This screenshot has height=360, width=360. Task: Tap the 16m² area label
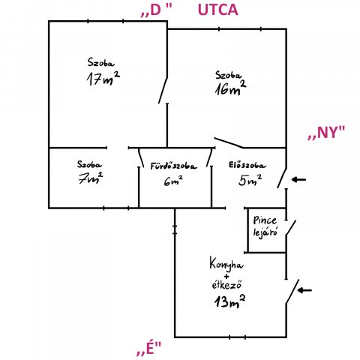[230, 88]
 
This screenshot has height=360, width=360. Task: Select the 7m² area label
[91, 178]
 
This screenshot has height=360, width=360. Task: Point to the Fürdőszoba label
[173, 166]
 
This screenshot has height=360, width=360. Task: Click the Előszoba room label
[247, 165]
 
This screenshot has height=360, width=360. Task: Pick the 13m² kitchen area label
[229, 301]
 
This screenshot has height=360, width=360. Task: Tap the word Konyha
[226, 264]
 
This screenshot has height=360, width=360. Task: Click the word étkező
[227, 285]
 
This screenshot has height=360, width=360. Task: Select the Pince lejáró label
[265, 226]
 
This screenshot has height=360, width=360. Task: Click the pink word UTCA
[217, 10]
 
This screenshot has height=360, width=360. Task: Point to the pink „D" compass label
[157, 10]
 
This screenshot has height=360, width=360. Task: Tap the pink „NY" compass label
[326, 132]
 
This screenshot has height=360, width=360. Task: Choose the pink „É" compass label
[149, 348]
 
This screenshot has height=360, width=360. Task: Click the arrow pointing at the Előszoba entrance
[298, 179]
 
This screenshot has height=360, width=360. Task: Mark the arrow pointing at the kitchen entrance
[304, 290]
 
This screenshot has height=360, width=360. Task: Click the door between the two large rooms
[163, 90]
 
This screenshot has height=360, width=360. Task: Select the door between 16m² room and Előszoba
[229, 142]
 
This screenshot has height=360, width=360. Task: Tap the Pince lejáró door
[291, 228]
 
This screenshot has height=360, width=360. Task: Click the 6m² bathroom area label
[173, 181]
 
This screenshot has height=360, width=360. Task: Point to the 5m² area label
[250, 180]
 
